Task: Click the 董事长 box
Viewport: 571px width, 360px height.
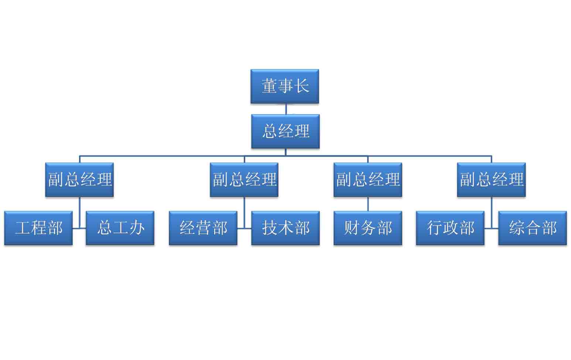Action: [x=284, y=86]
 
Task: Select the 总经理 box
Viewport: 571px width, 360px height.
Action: [x=285, y=131]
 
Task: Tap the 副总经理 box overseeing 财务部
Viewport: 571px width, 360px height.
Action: [x=367, y=179]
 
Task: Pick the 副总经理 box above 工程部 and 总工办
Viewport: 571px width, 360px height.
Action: [x=79, y=179]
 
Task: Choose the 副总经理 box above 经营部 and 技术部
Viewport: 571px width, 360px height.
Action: [x=244, y=179]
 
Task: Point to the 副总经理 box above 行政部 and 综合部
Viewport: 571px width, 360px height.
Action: [x=491, y=179]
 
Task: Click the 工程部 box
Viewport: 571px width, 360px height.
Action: [x=38, y=228]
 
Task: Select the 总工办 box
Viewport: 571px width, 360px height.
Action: [x=120, y=228]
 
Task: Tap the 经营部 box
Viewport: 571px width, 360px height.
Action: [x=203, y=228]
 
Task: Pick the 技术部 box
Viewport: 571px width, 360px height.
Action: [x=285, y=228]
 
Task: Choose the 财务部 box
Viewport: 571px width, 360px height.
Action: [x=367, y=228]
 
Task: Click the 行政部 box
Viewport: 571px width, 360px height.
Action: [x=450, y=228]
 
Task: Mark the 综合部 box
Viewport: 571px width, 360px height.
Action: [x=532, y=228]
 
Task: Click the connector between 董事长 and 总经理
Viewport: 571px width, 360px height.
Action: [x=286, y=109]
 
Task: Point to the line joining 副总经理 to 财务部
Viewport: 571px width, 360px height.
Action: [x=368, y=204]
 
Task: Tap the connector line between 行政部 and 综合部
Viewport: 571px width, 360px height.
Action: [x=492, y=228]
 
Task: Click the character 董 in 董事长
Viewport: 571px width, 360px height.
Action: [x=269, y=86]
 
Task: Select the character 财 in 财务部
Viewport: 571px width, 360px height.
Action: [x=352, y=228]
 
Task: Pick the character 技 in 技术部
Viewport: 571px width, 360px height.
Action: [x=270, y=228]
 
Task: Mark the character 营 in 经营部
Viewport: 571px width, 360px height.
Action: [x=203, y=228]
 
